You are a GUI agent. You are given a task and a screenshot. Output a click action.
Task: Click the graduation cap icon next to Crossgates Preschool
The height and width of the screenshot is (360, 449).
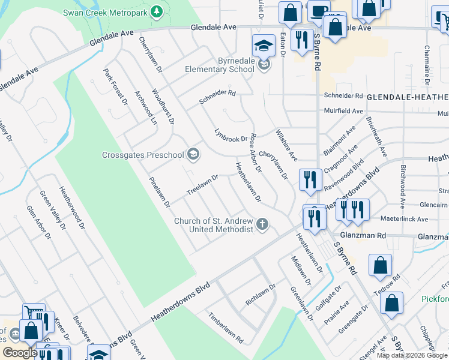point(193,155)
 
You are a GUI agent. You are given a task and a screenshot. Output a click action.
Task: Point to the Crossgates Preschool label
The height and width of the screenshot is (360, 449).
point(142,155)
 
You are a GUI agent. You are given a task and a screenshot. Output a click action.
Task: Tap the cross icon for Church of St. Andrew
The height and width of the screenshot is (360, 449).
point(262,225)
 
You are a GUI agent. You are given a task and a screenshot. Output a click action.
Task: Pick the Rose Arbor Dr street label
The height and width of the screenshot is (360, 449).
point(256,152)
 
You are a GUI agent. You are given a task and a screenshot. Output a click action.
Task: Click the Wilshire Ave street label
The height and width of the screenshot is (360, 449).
point(286,145)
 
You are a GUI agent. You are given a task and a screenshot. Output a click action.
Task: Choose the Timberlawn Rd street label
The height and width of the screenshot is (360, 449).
point(226,328)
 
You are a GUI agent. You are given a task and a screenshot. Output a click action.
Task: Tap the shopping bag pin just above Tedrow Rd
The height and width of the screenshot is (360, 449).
point(380,265)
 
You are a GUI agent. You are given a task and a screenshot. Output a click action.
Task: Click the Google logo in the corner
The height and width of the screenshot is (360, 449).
point(19,353)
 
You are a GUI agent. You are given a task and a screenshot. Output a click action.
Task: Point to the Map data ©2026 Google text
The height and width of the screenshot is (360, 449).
point(412,355)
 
